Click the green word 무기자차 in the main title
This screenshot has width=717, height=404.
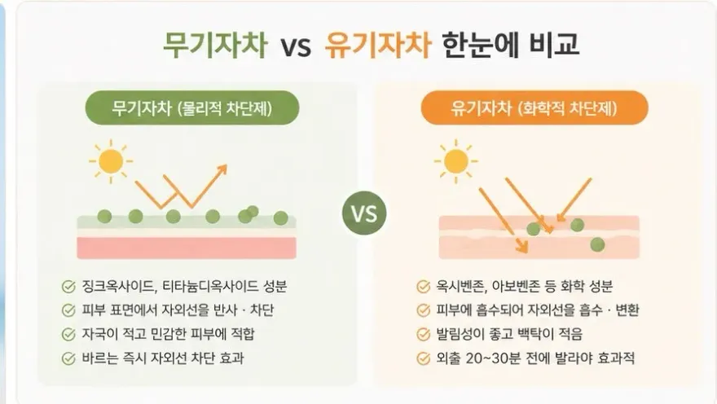coord(215,44)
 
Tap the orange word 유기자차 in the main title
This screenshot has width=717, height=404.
coord(377,44)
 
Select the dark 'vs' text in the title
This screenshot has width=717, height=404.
coord(296,46)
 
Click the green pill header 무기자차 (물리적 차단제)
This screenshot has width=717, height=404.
coord(192,108)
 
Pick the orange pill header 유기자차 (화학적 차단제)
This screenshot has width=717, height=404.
coord(534,108)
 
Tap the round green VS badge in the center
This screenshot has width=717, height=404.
coord(364,213)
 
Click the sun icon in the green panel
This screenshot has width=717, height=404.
coord(111,161)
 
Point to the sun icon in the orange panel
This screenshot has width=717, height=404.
coord(456,161)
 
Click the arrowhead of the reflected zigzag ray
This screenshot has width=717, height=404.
coord(222,169)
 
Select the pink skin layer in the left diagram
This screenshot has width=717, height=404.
coord(187,248)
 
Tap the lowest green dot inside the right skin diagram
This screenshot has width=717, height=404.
coord(597,245)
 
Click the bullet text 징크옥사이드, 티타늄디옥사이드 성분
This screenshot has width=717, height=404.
coord(184,287)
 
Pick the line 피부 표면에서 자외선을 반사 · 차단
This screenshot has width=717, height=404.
coord(178,310)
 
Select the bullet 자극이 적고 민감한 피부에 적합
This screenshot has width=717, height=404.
coord(168,334)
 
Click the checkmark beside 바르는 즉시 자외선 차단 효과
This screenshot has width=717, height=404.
coord(68,358)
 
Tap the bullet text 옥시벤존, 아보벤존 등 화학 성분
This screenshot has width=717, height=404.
coord(524,287)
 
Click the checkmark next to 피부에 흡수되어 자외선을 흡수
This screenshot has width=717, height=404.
coord(424,311)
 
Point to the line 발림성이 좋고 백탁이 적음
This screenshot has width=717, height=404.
coord(509,334)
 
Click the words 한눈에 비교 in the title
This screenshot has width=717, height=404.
coord(511,44)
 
